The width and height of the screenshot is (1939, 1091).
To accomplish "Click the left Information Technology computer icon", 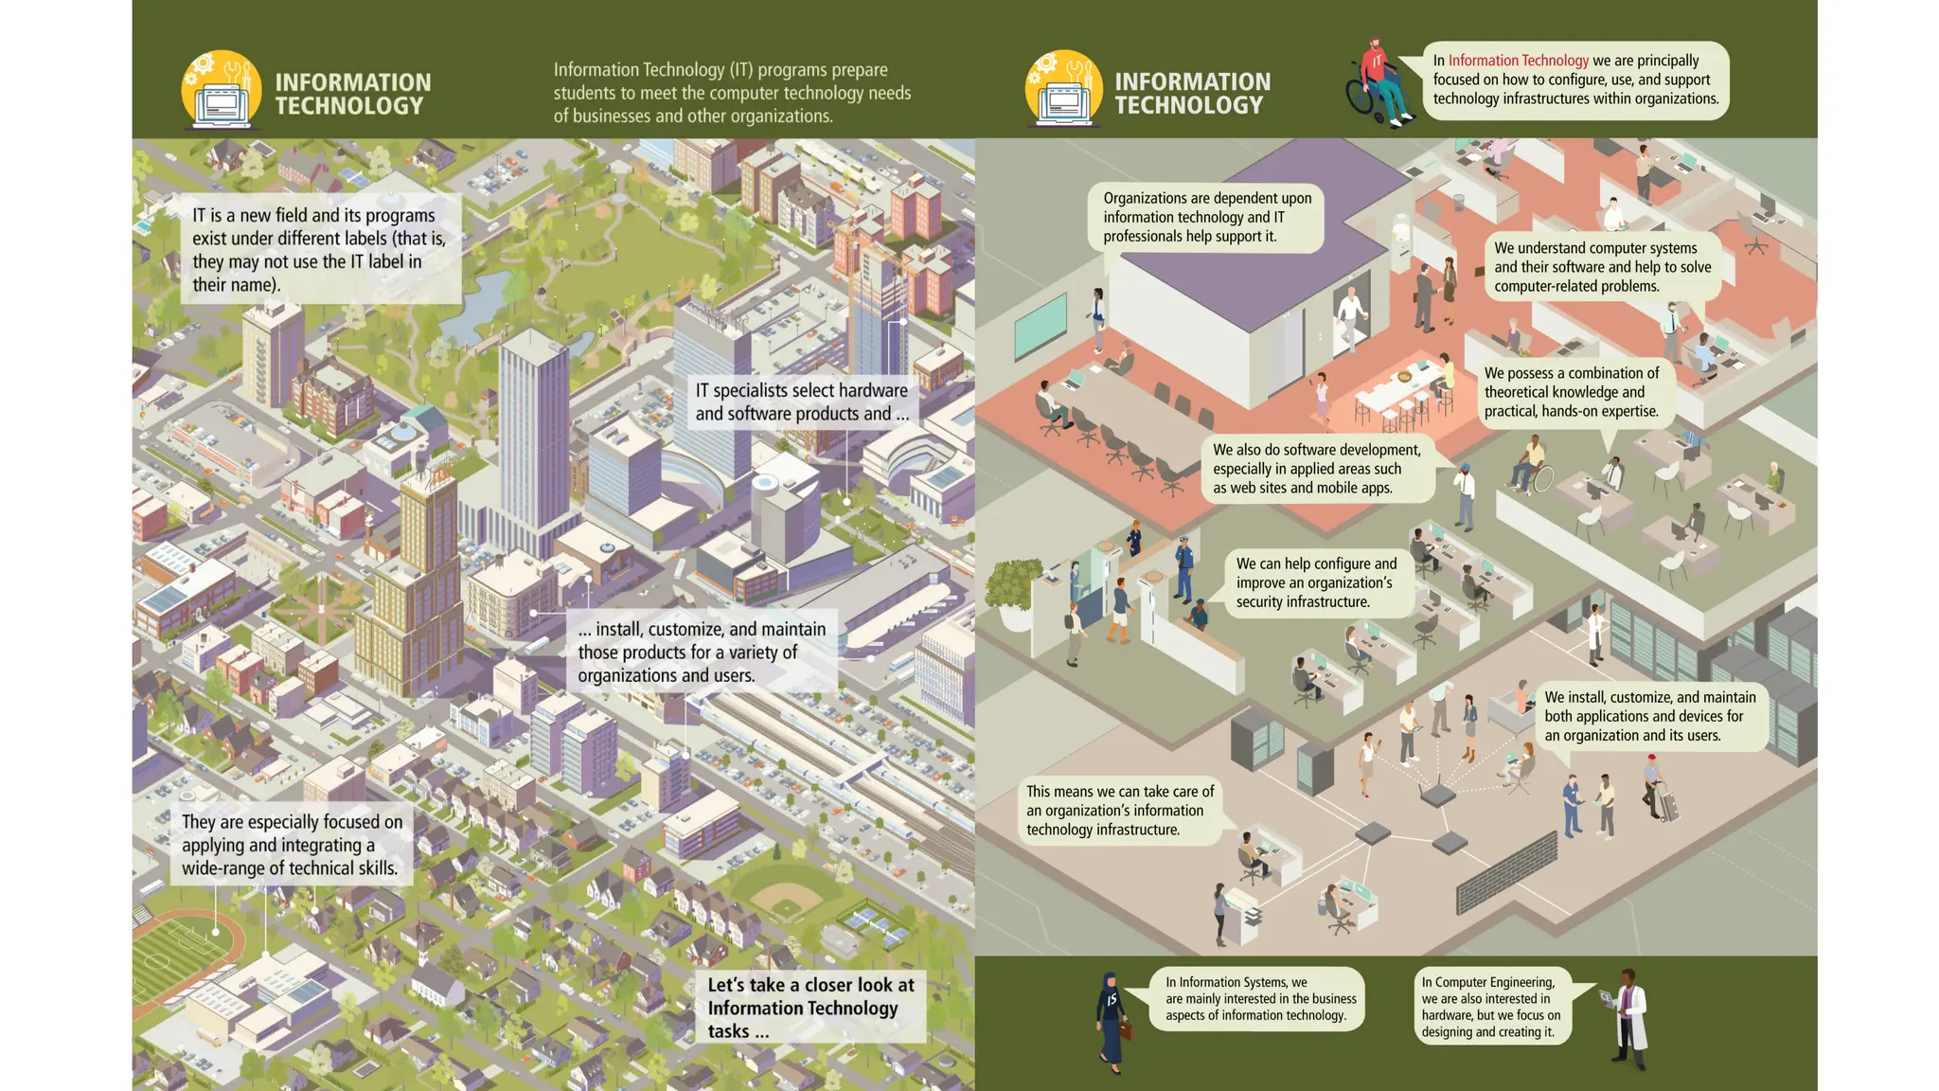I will [222, 91].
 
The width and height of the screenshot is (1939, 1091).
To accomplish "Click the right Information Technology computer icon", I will [1063, 91].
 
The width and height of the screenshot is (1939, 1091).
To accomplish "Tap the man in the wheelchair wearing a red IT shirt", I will [1379, 83].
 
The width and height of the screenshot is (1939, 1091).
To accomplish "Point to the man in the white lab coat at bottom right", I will [1630, 1020].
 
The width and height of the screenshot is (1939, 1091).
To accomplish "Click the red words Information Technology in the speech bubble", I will [1518, 61].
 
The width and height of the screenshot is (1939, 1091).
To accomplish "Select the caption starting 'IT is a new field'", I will [320, 249].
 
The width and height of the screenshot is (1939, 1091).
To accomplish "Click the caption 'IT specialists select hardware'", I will [802, 402].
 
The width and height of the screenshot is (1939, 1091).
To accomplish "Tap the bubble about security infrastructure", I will [1315, 582].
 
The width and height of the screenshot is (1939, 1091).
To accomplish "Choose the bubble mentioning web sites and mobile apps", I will [1316, 469].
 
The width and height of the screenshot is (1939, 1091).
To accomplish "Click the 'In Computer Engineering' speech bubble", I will [1491, 1007].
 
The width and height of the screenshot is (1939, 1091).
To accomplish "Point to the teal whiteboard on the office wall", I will [1040, 324].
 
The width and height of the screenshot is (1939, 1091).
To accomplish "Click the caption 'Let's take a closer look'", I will [810, 1008].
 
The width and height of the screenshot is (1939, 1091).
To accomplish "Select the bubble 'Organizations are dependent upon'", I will [1207, 217].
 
